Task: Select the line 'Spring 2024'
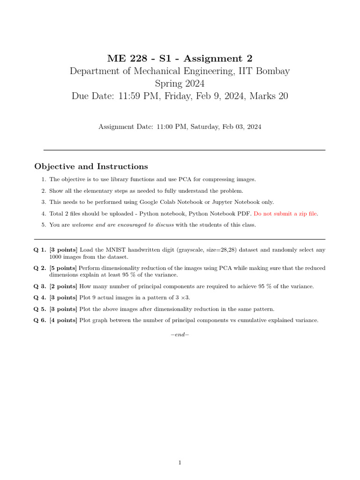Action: [180, 83]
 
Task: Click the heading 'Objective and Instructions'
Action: [91, 166]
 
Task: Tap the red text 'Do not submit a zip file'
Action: [285, 213]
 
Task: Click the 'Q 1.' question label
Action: [40, 250]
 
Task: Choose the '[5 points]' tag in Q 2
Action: [63, 268]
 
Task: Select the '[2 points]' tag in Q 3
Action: [63, 286]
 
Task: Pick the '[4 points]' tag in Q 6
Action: [63, 320]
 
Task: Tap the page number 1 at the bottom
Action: [180, 463]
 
